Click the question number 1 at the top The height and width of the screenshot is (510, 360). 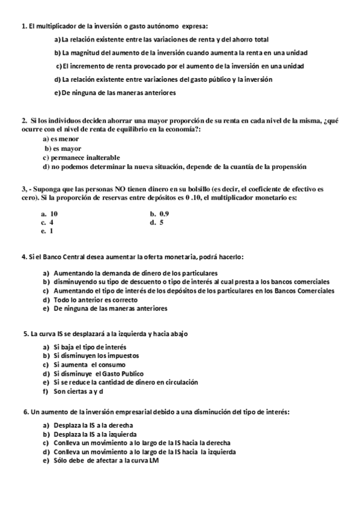click(x=23, y=26)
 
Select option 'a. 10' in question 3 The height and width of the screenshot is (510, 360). click(x=49, y=214)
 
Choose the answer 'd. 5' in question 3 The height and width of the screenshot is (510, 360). click(x=157, y=222)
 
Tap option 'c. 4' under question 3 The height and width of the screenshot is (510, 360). click(x=47, y=222)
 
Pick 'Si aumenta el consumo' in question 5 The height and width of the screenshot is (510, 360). click(x=89, y=364)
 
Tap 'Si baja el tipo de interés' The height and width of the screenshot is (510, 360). click(x=90, y=347)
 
